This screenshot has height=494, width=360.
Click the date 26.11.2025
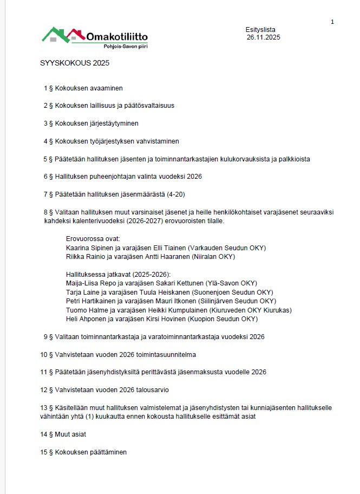[263, 37]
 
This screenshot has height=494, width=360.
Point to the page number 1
[332, 22]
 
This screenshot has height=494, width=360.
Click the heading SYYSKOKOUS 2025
[75, 63]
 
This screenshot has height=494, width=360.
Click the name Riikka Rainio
[86, 256]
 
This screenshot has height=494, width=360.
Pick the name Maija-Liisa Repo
[93, 283]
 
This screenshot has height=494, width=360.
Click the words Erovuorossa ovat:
[93, 238]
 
